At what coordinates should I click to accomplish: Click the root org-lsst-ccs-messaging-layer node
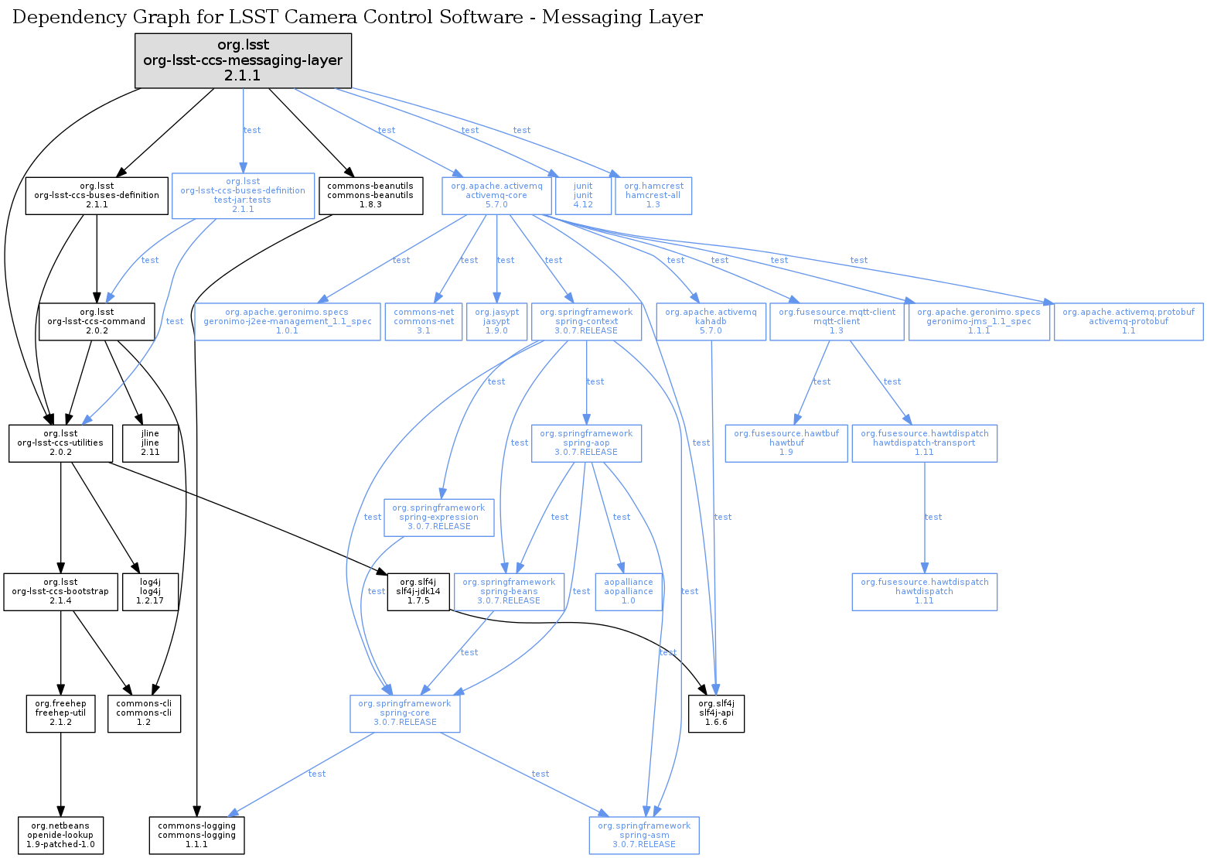(243, 60)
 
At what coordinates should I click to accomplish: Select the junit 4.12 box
(583, 196)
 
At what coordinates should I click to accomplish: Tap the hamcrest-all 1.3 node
(653, 196)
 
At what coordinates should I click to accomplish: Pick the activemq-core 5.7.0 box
(496, 196)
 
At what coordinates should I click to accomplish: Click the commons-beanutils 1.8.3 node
(370, 196)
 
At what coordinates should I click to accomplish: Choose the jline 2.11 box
(150, 443)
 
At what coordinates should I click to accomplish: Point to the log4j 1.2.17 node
(150, 592)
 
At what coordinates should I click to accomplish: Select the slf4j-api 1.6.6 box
(716, 713)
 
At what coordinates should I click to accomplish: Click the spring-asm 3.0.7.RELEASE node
(644, 836)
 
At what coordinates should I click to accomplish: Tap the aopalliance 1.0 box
(629, 592)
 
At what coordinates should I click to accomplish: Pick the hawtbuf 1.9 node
(786, 443)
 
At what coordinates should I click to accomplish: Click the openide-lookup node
(60, 836)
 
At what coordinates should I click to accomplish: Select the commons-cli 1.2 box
(144, 713)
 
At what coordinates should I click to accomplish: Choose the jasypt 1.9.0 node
(496, 321)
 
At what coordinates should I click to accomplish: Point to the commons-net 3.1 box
(424, 321)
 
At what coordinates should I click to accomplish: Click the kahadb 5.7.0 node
(711, 321)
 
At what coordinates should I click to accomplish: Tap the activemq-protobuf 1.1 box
(1128, 321)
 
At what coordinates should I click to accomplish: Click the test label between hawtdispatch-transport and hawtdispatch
(933, 517)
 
